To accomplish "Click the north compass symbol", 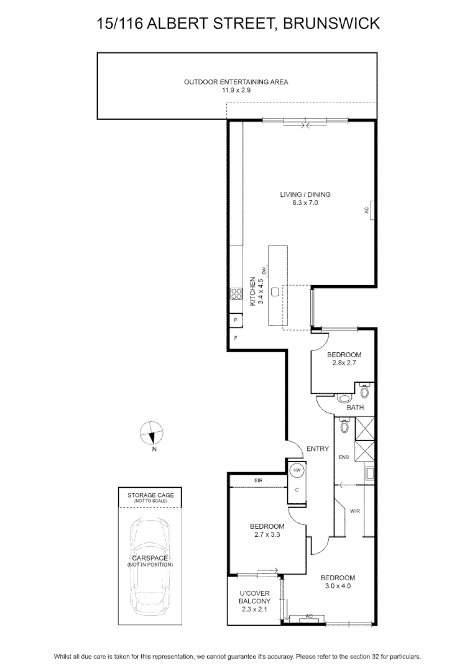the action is (152, 433).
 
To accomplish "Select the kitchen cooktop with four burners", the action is (236, 293).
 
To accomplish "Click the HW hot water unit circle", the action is (297, 470).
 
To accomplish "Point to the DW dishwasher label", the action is (264, 270).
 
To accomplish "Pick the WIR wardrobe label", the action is (355, 511).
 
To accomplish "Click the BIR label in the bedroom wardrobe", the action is (258, 480).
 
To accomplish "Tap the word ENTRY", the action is (317, 449).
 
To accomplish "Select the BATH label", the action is (355, 408).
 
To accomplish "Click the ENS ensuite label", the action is (344, 457).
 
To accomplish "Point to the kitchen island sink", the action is (275, 291).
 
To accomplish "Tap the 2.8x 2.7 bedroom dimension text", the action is (344, 362).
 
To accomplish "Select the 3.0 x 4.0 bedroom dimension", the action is (338, 586).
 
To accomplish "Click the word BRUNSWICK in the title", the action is (331, 23).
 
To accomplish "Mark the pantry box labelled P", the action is (236, 320).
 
